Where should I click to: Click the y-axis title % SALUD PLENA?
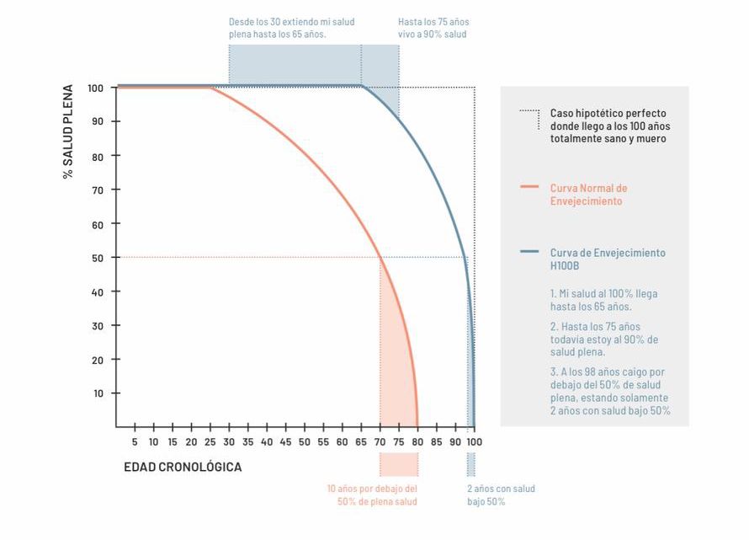tap(68, 131)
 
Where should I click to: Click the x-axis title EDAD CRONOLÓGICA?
tap(183, 467)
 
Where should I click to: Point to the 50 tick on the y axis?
tap(98, 258)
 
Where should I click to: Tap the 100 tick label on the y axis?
tap(95, 88)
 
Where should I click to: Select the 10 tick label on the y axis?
tap(98, 393)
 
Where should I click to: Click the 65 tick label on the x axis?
tap(361, 441)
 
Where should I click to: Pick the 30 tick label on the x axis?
tap(229, 441)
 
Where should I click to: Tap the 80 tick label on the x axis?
tap(417, 441)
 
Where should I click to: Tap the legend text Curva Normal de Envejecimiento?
tap(588, 195)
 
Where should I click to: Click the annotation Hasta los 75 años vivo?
tap(433, 28)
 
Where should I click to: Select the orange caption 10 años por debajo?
tap(372, 495)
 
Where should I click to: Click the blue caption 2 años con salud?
tap(501, 495)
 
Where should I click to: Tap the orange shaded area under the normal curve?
tap(396, 362)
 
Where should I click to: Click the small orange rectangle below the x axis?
tap(398, 465)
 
